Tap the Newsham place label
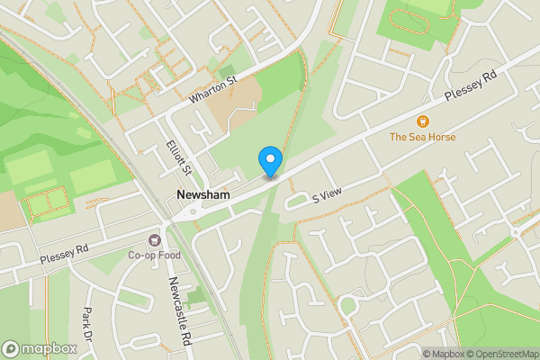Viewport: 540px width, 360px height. [x=203, y=194]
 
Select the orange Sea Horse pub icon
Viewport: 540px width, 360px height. [x=422, y=121]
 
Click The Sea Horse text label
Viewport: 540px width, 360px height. [x=422, y=137]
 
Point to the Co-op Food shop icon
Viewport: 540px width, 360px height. [x=154, y=239]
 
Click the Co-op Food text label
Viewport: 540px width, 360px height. [x=154, y=255]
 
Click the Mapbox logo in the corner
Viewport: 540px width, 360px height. [x=39, y=348]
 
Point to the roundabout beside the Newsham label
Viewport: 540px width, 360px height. [x=191, y=212]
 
